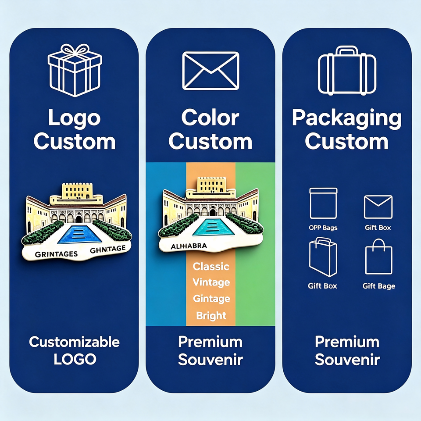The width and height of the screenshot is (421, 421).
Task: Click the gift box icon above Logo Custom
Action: [x=75, y=70]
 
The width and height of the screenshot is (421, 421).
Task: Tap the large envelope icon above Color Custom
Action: [x=210, y=71]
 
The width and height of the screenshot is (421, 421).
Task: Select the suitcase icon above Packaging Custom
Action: [x=347, y=70]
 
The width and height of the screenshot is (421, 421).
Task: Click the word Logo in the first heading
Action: [x=75, y=118]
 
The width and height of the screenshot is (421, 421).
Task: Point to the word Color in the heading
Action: [x=210, y=118]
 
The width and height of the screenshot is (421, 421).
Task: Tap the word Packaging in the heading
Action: [x=346, y=119]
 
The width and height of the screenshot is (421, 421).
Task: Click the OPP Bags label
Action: [x=323, y=228]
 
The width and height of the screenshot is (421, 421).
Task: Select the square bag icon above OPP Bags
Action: [x=323, y=203]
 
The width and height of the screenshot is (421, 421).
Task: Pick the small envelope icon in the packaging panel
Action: [x=378, y=207]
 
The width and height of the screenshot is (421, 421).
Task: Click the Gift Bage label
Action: [x=378, y=286]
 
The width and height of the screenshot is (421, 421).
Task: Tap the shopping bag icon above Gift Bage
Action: [x=378, y=257]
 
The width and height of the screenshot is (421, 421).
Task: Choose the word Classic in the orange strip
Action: [x=211, y=266]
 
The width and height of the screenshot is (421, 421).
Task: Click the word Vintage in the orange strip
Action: [x=211, y=282]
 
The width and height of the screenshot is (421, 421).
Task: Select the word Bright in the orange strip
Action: [x=211, y=315]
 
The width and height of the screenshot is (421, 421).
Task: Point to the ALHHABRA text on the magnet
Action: [x=189, y=246]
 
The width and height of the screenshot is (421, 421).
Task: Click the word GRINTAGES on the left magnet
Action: [x=57, y=254]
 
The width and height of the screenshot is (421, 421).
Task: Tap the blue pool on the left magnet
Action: [x=79, y=235]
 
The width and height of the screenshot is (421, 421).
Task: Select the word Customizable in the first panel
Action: [x=75, y=342]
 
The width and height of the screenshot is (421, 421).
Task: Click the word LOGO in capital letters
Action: [x=75, y=359]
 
